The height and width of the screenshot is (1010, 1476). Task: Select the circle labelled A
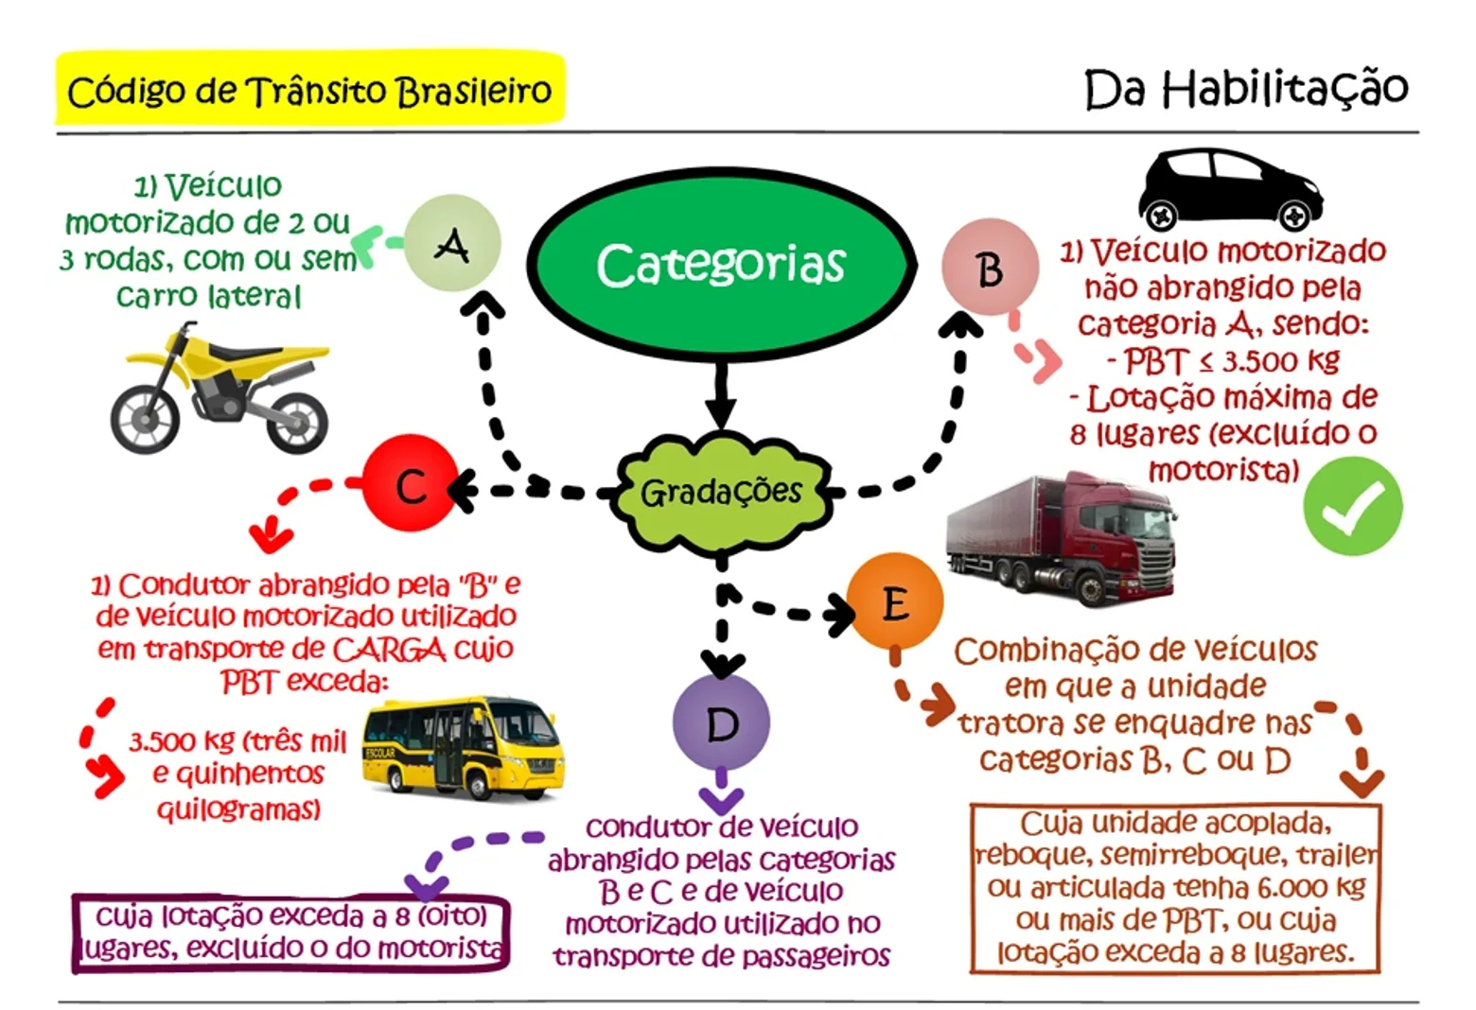coord(452,243)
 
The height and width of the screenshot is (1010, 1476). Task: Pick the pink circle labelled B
coord(991,268)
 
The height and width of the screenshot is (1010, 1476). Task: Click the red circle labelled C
coord(411,482)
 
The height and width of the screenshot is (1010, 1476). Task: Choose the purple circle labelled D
coord(722,723)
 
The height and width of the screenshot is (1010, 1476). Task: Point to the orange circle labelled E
coord(895,601)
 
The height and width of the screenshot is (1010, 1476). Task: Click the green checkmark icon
coord(1353,506)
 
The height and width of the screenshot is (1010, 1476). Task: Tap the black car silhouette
coord(1230,190)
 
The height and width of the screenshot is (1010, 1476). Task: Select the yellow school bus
coord(464,748)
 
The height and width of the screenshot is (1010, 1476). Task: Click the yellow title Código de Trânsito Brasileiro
coord(309,89)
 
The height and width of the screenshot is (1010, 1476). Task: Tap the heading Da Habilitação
coord(1246,88)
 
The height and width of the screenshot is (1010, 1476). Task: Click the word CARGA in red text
coord(389,649)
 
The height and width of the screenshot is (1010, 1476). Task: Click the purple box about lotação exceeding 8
coord(290,933)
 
